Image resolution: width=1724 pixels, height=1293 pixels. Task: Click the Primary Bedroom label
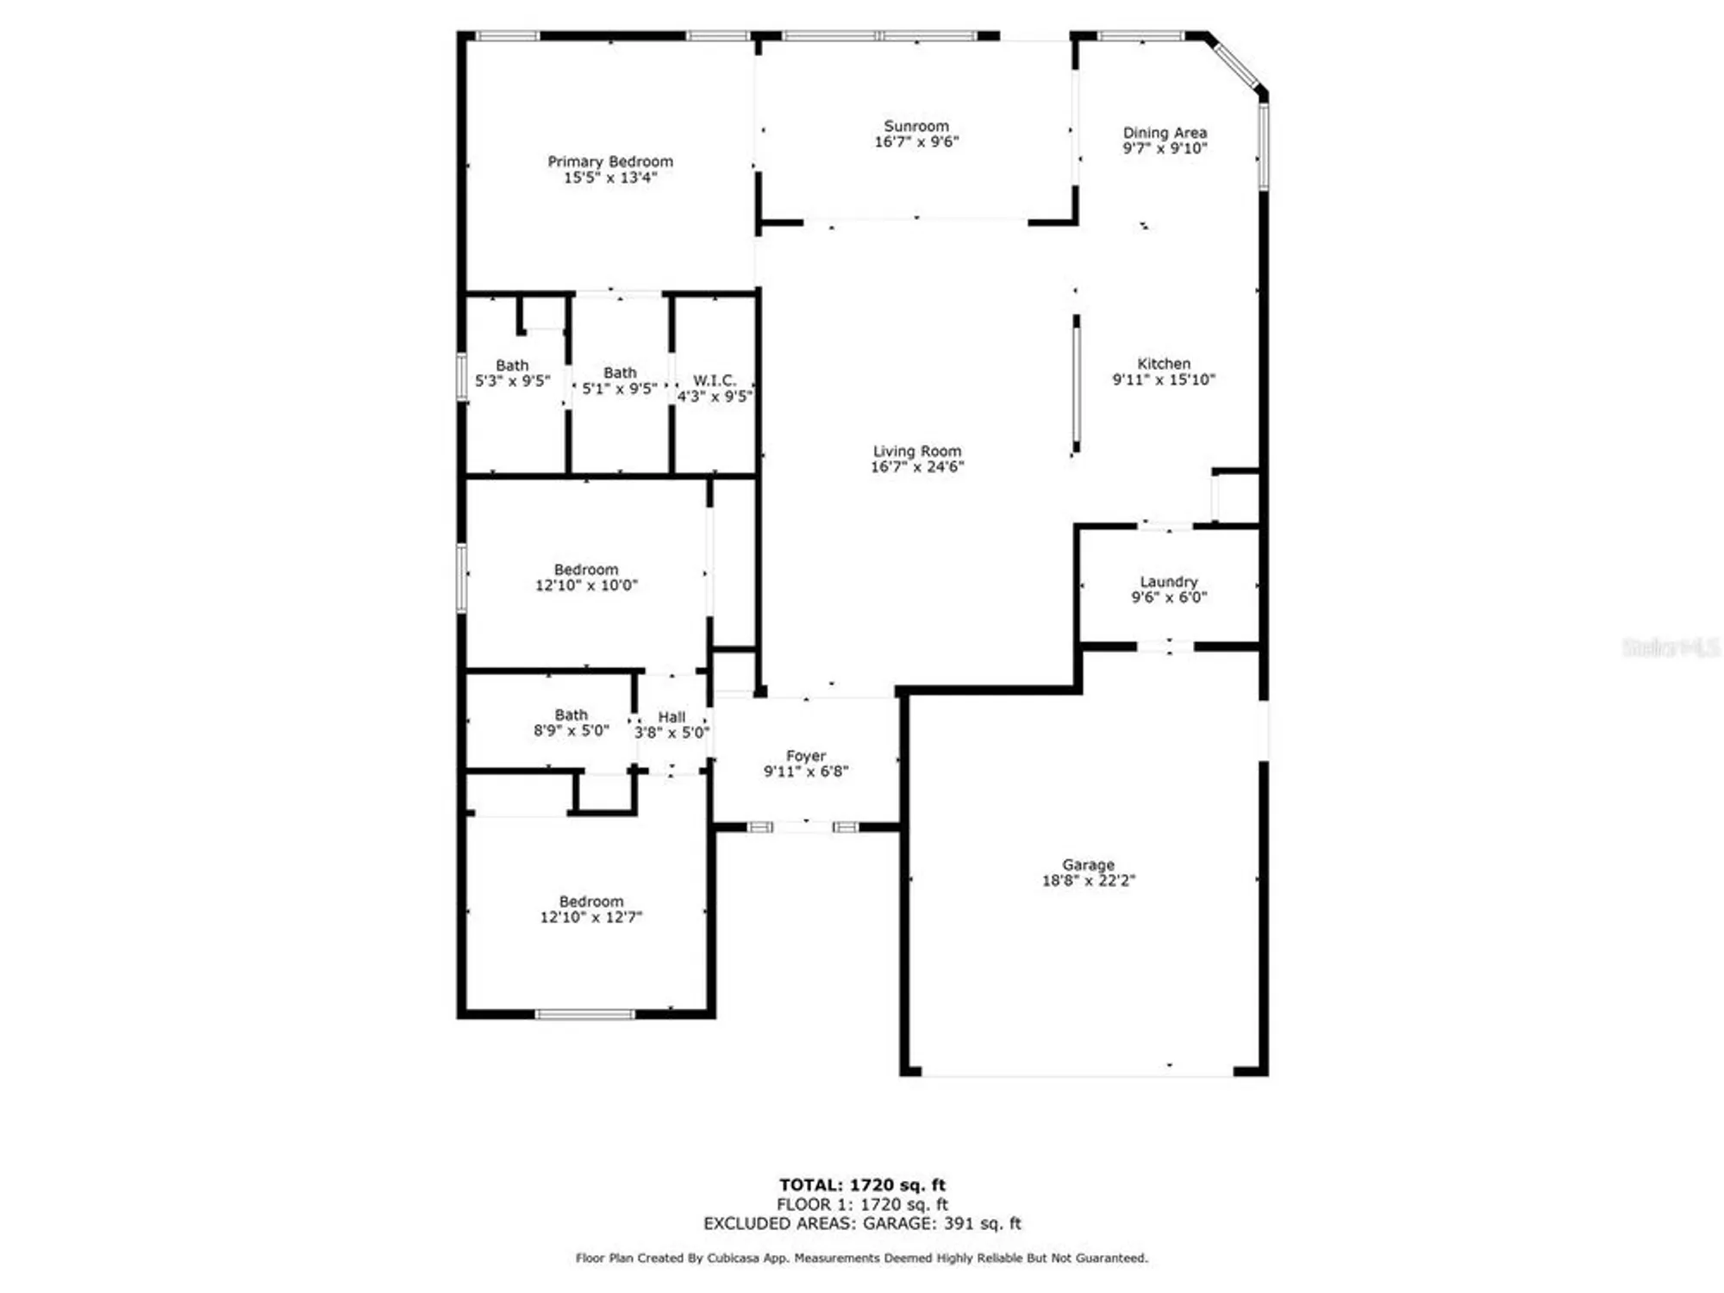tap(610, 162)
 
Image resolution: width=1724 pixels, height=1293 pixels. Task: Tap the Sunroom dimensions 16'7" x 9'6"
tap(916, 142)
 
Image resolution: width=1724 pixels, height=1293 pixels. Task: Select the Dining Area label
tap(1165, 133)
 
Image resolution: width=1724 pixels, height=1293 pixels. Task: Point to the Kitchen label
tap(1164, 364)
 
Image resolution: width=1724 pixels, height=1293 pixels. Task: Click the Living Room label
tap(916, 451)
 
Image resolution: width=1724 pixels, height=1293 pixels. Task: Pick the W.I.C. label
tap(715, 380)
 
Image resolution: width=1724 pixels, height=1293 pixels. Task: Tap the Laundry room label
tap(1169, 582)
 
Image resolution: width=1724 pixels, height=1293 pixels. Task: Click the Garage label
tap(1088, 865)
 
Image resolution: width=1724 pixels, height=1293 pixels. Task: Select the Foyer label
tap(806, 756)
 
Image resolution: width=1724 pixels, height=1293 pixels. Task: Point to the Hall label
tap(671, 717)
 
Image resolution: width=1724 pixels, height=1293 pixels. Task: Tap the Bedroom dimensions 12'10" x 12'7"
tap(591, 917)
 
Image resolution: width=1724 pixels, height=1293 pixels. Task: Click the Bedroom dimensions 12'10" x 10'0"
tap(586, 585)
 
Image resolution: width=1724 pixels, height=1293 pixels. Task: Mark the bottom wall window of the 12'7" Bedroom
tap(585, 1015)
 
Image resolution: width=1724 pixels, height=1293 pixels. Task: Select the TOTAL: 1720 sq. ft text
tap(862, 1185)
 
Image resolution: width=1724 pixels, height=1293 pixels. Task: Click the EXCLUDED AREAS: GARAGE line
tap(862, 1223)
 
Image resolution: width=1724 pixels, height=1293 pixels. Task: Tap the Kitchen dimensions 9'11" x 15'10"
tap(1164, 379)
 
